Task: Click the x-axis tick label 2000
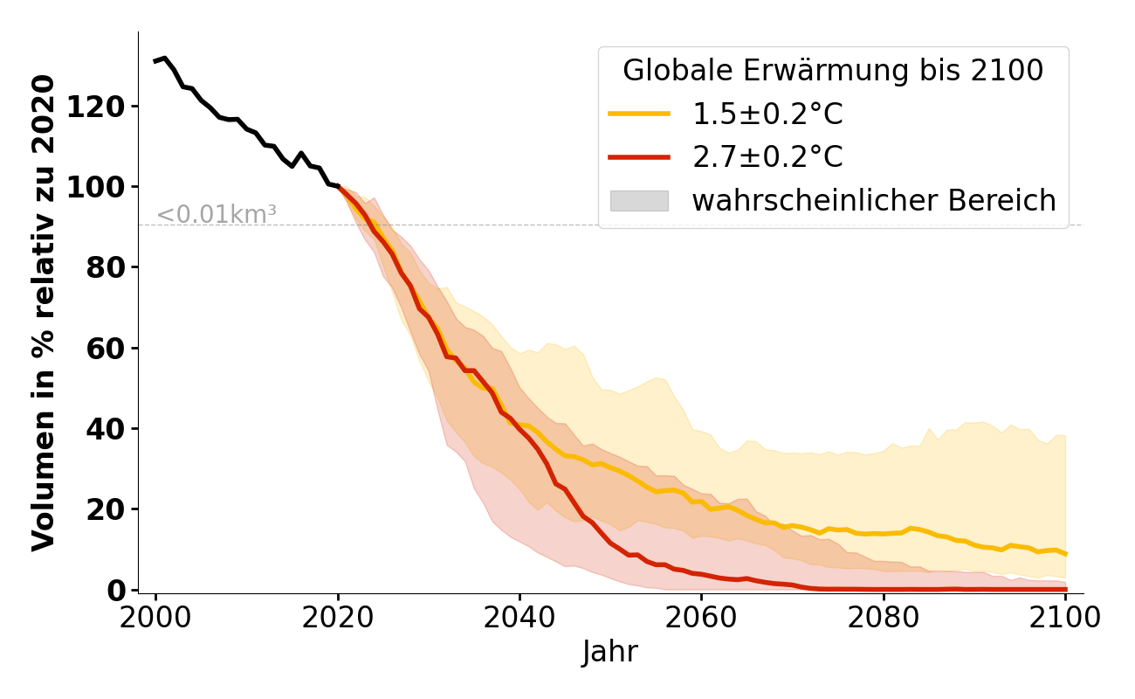click(156, 618)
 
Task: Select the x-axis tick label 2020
click(338, 618)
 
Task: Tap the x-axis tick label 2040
click(519, 618)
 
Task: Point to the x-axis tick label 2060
click(701, 618)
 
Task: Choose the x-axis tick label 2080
click(884, 618)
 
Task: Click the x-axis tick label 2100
click(1065, 618)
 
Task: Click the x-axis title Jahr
click(610, 653)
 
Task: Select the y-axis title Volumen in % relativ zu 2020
click(44, 312)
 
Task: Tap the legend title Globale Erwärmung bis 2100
click(833, 71)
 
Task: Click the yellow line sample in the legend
click(639, 114)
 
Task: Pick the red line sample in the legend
click(639, 157)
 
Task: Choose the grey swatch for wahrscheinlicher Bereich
click(639, 201)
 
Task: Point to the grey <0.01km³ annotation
click(217, 214)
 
